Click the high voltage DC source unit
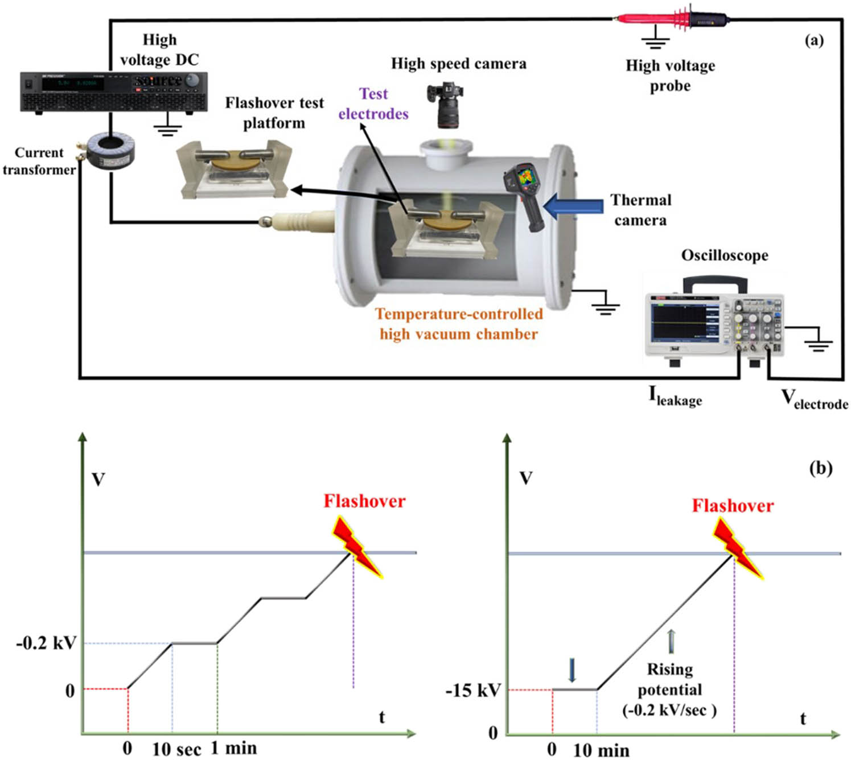tap(114, 91)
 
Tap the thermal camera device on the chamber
tap(524, 196)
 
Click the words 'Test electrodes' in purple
tap(373, 104)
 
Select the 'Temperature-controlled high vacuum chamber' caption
tap(459, 324)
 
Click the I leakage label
tap(675, 396)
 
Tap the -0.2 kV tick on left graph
tap(46, 643)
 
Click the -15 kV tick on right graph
tap(473, 690)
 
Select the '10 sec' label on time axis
tap(176, 749)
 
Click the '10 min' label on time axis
tap(601, 750)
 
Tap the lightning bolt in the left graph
tap(357, 547)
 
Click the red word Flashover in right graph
tap(733, 505)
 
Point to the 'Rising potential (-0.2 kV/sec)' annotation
tap(669, 689)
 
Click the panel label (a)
tap(814, 40)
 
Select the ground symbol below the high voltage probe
tap(655, 40)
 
